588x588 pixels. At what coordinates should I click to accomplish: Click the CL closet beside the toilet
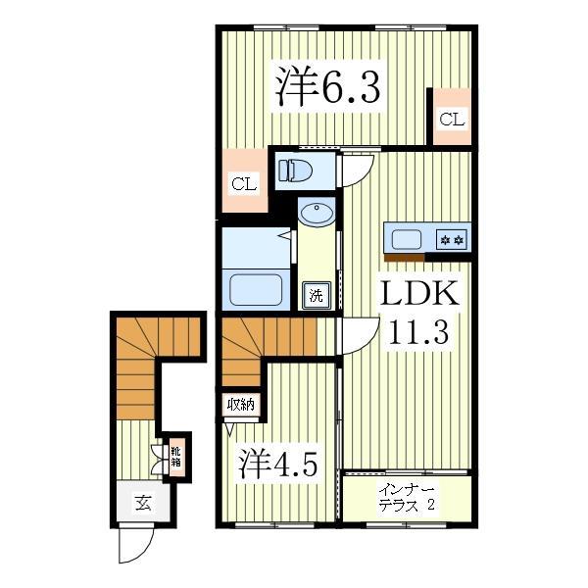244,182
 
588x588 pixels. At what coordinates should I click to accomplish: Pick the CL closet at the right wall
451,119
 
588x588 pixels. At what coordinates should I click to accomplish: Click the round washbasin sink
316,213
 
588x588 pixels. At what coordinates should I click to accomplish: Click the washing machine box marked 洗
316,294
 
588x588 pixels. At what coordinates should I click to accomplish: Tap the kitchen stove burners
452,238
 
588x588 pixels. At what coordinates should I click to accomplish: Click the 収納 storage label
241,404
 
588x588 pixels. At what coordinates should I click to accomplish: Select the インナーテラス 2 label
407,498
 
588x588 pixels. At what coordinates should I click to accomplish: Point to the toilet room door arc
355,170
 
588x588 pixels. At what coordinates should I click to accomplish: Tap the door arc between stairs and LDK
354,333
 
